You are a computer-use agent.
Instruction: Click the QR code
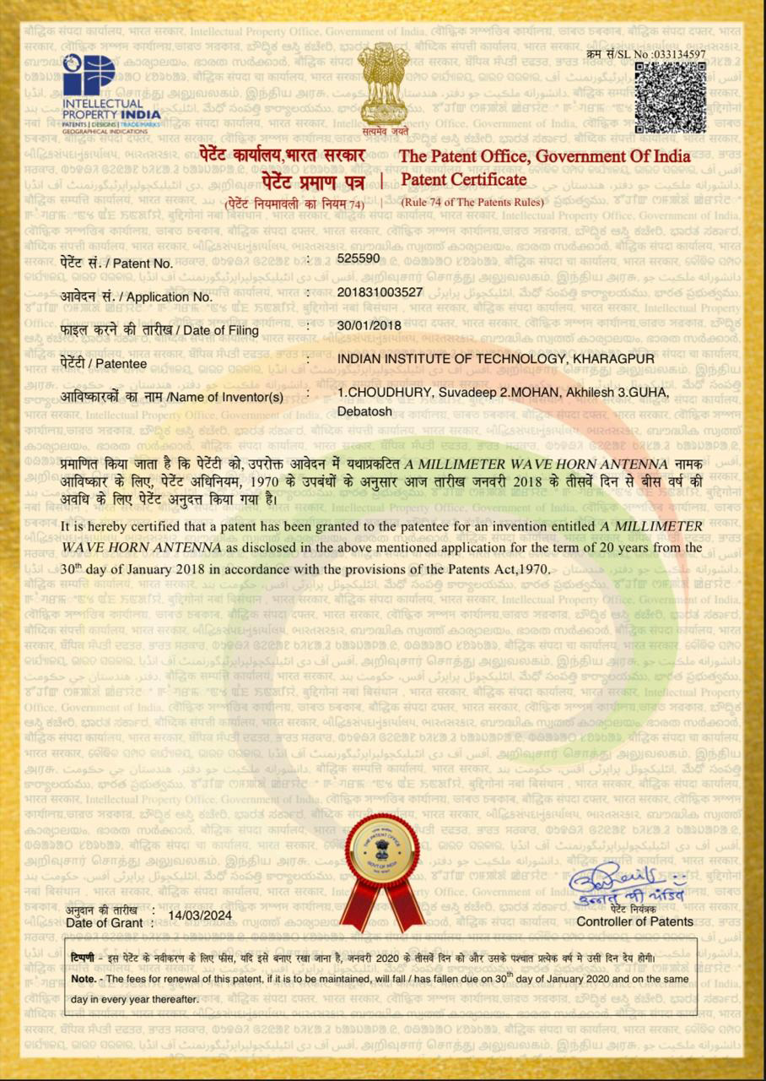670,97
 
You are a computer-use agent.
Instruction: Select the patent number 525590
358,258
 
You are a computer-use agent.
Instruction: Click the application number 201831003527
380,292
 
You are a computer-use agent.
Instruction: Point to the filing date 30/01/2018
369,325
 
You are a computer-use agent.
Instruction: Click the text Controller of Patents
634,921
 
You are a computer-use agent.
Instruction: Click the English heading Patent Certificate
463,180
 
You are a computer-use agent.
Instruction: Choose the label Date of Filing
219,330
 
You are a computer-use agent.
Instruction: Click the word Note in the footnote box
83,979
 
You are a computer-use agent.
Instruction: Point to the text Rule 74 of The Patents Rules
472,202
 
